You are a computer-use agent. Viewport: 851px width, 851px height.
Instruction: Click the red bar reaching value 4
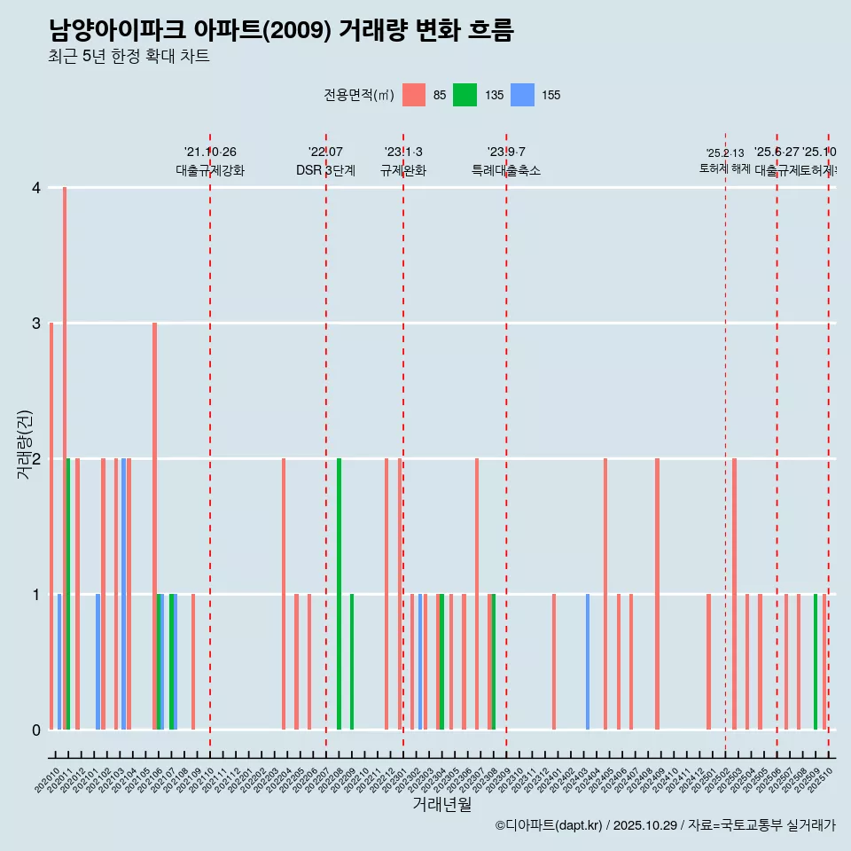65,458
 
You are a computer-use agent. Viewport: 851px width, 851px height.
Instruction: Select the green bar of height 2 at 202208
339,594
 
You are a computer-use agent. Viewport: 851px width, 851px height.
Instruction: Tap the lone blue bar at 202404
587,662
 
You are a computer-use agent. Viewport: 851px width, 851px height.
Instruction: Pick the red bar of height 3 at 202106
154,526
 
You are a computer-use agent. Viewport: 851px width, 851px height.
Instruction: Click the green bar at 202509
816,662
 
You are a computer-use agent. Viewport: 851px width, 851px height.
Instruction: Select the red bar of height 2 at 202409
657,594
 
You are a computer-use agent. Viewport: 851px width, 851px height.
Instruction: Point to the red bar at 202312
554,662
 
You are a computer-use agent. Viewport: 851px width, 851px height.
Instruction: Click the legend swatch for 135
465,95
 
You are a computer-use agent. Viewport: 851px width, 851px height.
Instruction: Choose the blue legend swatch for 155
523,95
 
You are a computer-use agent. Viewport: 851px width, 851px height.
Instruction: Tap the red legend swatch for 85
414,95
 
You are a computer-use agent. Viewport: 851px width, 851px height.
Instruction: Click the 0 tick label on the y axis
36,730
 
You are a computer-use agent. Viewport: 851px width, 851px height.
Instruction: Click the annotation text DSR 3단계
325,170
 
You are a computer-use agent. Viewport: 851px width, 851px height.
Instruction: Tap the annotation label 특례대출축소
505,170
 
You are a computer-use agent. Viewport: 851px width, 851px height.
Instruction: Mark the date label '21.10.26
210,152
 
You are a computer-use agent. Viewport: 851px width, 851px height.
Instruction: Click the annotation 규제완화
403,170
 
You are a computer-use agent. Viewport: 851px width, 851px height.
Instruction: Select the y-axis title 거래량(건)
24,444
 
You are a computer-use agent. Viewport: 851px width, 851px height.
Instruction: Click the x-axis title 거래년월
441,805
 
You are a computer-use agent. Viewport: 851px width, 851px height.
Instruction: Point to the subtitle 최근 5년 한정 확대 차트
129,57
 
